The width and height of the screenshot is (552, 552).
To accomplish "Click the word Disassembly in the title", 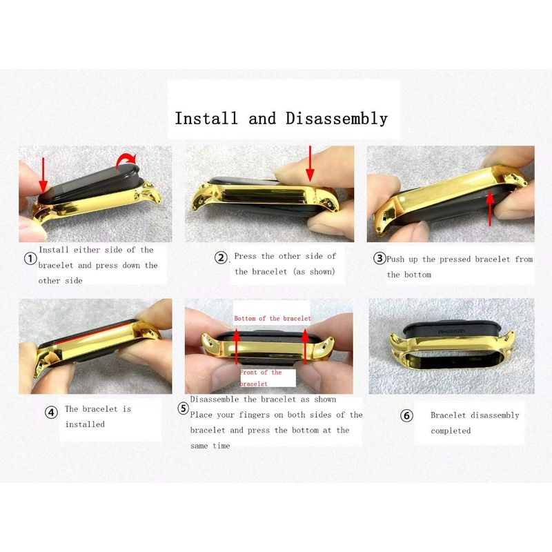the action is click(x=337, y=119).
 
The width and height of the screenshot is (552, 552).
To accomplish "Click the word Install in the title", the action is click(x=206, y=118).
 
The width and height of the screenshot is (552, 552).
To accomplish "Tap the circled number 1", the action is click(x=30, y=259).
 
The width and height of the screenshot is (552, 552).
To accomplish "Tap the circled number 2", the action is click(x=221, y=257).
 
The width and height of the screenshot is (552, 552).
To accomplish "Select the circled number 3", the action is click(x=379, y=258).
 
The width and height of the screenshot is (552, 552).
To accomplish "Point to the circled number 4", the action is click(x=51, y=412).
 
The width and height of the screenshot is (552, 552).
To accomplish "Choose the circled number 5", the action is click(x=183, y=408).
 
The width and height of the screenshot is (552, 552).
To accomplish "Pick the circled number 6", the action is click(x=406, y=416).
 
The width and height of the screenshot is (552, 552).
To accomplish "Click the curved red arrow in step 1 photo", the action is click(x=126, y=159).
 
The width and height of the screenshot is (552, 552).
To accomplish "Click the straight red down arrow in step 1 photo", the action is click(x=43, y=175).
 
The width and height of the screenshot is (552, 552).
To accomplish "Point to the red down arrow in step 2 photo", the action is click(x=310, y=164).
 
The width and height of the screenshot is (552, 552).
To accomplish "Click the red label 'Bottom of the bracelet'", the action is click(x=273, y=319).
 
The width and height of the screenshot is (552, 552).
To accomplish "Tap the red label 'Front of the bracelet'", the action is click(x=261, y=378).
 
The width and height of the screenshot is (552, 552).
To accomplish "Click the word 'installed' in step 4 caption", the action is click(x=85, y=424).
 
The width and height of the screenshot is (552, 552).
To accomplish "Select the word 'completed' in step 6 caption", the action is click(x=451, y=431).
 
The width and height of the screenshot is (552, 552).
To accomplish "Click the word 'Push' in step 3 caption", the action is click(x=395, y=259).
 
